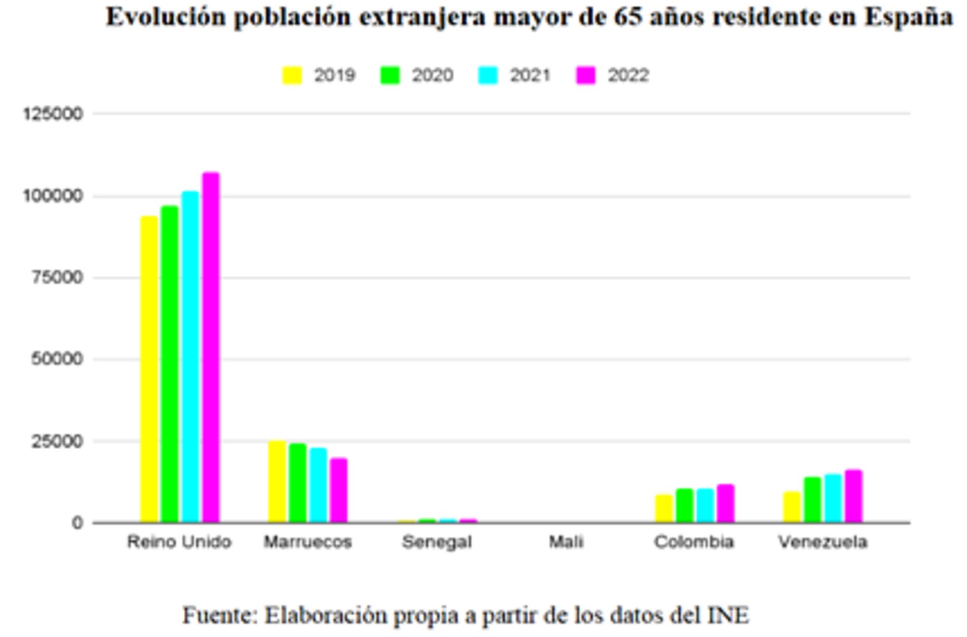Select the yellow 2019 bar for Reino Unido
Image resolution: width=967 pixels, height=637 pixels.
[149, 369]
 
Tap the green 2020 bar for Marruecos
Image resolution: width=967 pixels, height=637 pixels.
[298, 482]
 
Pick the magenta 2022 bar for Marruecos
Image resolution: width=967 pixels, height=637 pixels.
[338, 490]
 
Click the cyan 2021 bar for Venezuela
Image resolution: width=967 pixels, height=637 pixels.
[833, 498]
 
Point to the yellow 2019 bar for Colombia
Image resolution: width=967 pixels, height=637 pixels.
[664, 508]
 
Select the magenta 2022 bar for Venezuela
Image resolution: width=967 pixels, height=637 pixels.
[853, 495]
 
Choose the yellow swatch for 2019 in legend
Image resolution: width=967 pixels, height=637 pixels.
[292, 75]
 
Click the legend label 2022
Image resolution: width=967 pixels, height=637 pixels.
[628, 75]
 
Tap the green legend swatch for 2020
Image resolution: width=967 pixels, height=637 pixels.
[390, 75]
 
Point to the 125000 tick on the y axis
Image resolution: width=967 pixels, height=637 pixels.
[53, 114]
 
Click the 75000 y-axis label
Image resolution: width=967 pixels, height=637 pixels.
[57, 278]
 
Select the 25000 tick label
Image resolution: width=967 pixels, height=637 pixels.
[57, 441]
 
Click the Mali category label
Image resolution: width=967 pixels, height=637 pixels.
[566, 542]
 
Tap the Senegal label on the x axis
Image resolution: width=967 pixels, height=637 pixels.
[437, 542]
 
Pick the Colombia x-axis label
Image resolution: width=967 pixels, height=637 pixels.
[694, 542]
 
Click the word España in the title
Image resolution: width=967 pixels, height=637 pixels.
[908, 17]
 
